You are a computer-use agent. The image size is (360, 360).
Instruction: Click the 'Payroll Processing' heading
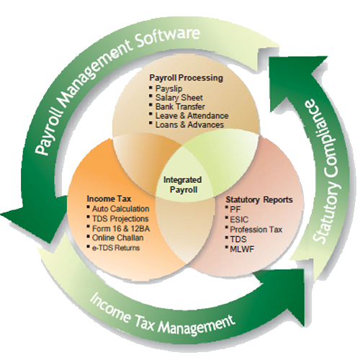pyautogui.click(x=186, y=78)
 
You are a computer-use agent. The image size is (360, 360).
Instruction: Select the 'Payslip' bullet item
pyautogui.click(x=169, y=89)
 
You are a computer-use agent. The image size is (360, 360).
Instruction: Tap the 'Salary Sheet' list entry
pyautogui.click(x=179, y=97)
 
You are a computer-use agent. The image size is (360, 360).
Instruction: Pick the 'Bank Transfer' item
pyautogui.click(x=180, y=107)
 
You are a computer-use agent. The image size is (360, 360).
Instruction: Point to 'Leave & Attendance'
pyautogui.click(x=192, y=115)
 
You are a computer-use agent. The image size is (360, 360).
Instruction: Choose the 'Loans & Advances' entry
pyautogui.click(x=189, y=125)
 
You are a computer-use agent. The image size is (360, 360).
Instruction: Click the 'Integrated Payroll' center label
pyautogui.click(x=183, y=184)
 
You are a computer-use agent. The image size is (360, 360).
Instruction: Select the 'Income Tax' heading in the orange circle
pyautogui.click(x=109, y=199)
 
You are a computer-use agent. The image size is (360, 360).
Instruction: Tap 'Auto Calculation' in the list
pyautogui.click(x=120, y=209)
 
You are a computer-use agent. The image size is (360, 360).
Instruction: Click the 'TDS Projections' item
pyautogui.click(x=120, y=218)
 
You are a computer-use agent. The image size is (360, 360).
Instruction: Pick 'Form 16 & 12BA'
pyautogui.click(x=121, y=228)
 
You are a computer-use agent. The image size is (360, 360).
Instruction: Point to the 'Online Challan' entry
pyautogui.click(x=118, y=238)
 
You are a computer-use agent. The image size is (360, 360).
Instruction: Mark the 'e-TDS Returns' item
pyautogui.click(x=116, y=248)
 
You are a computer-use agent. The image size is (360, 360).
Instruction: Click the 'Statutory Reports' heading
pyautogui.click(x=259, y=199)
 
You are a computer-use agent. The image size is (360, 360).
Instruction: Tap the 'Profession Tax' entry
pyautogui.click(x=256, y=230)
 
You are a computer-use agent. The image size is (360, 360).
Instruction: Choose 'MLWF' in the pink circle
pyautogui.click(x=242, y=249)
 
